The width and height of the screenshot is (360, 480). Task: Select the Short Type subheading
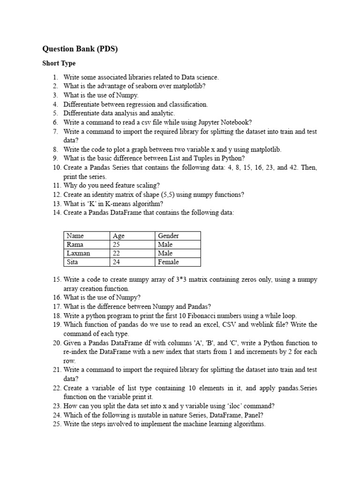(x=59, y=63)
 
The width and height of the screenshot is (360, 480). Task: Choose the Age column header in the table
(x=119, y=236)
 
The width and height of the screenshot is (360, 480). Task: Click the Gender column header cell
(x=169, y=236)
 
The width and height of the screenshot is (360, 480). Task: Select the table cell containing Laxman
(x=78, y=253)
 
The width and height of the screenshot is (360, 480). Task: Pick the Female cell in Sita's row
(x=168, y=262)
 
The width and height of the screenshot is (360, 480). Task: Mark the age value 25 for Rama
(x=117, y=245)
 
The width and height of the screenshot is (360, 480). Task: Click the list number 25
(x=57, y=424)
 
